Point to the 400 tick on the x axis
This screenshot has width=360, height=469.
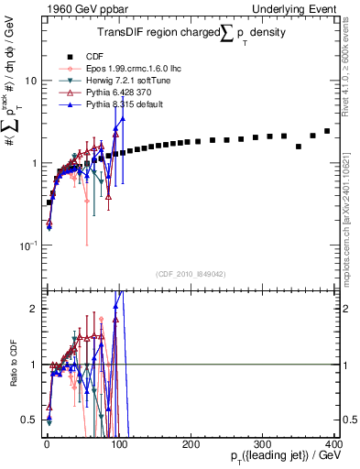pyautogui.click(x=333, y=444)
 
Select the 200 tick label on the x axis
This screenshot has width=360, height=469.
pyautogui.click(x=190, y=444)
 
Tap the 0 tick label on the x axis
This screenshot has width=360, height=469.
pyautogui.click(x=46, y=444)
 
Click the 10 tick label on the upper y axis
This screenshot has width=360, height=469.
pyautogui.click(x=30, y=80)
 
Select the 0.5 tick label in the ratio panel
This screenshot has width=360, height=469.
pyautogui.click(x=30, y=420)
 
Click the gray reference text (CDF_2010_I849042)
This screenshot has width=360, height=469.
pyautogui.click(x=190, y=274)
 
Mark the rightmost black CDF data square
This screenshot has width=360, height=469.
pyautogui.click(x=327, y=131)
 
